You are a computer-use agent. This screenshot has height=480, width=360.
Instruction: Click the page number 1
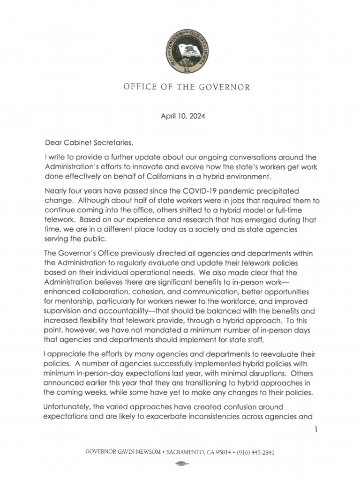[317, 429]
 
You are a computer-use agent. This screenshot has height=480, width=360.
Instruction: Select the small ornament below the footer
[180, 464]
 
